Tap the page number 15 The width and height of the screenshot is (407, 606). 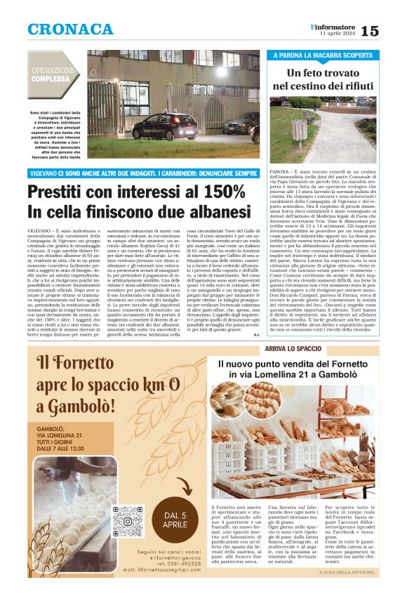pos(370,30)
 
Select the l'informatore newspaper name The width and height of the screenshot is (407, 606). pos(338,26)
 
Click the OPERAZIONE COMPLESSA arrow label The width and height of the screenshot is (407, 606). pos(54,74)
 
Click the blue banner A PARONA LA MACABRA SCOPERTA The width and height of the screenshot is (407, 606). pos(323,55)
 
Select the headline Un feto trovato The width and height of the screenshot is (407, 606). pos(323,72)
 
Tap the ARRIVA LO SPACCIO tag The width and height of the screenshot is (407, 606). pos(292,349)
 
